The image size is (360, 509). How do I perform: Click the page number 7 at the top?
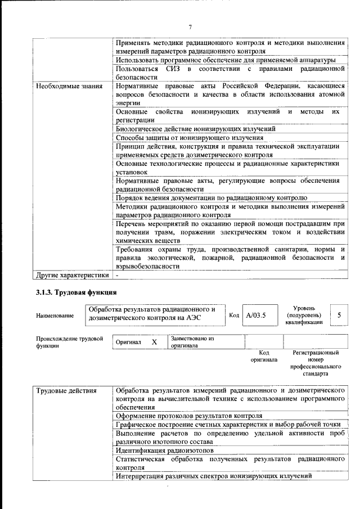(x=190, y=27)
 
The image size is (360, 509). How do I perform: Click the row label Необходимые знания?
(x=69, y=86)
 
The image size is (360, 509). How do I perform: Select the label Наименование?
(x=55, y=316)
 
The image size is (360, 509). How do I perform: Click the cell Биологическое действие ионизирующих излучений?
(x=195, y=128)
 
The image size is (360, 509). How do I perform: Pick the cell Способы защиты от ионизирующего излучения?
(x=190, y=137)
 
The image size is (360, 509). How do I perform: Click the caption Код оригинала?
(x=264, y=356)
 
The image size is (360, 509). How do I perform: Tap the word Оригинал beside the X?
(x=128, y=342)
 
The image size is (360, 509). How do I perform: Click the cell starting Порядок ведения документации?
(x=211, y=197)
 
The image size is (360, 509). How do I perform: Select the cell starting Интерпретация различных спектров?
(x=213, y=476)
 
